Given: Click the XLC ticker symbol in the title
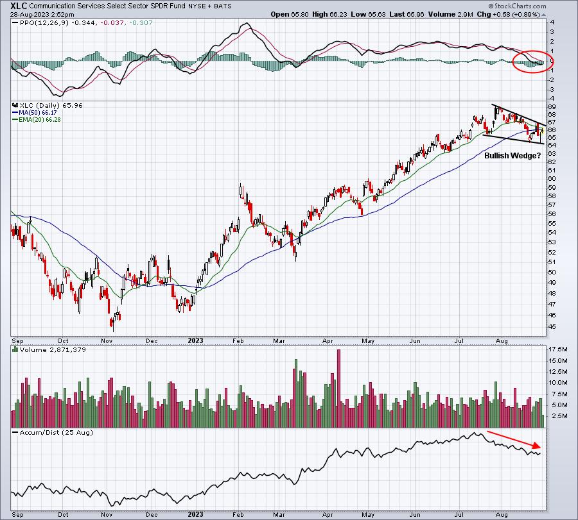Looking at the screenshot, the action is pos(19,6).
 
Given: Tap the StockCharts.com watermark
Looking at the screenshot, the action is pos(517,6).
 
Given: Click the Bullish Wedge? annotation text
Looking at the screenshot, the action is pos(512,156).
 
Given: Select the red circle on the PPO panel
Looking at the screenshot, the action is pos(532,62).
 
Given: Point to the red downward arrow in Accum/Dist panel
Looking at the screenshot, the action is pos(514,439).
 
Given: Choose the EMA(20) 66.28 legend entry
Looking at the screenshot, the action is pos(37,120).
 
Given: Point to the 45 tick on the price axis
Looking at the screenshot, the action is pos(552,326).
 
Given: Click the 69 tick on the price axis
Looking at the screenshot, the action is pos(552,106).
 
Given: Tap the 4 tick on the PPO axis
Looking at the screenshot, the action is pos(552,22).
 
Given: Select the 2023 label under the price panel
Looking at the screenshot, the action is pos(195,340).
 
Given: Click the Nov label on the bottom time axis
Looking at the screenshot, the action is pos(107,514).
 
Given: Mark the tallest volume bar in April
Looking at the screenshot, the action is pos(338,389).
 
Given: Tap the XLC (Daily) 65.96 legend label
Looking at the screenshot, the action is pos(48,105).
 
